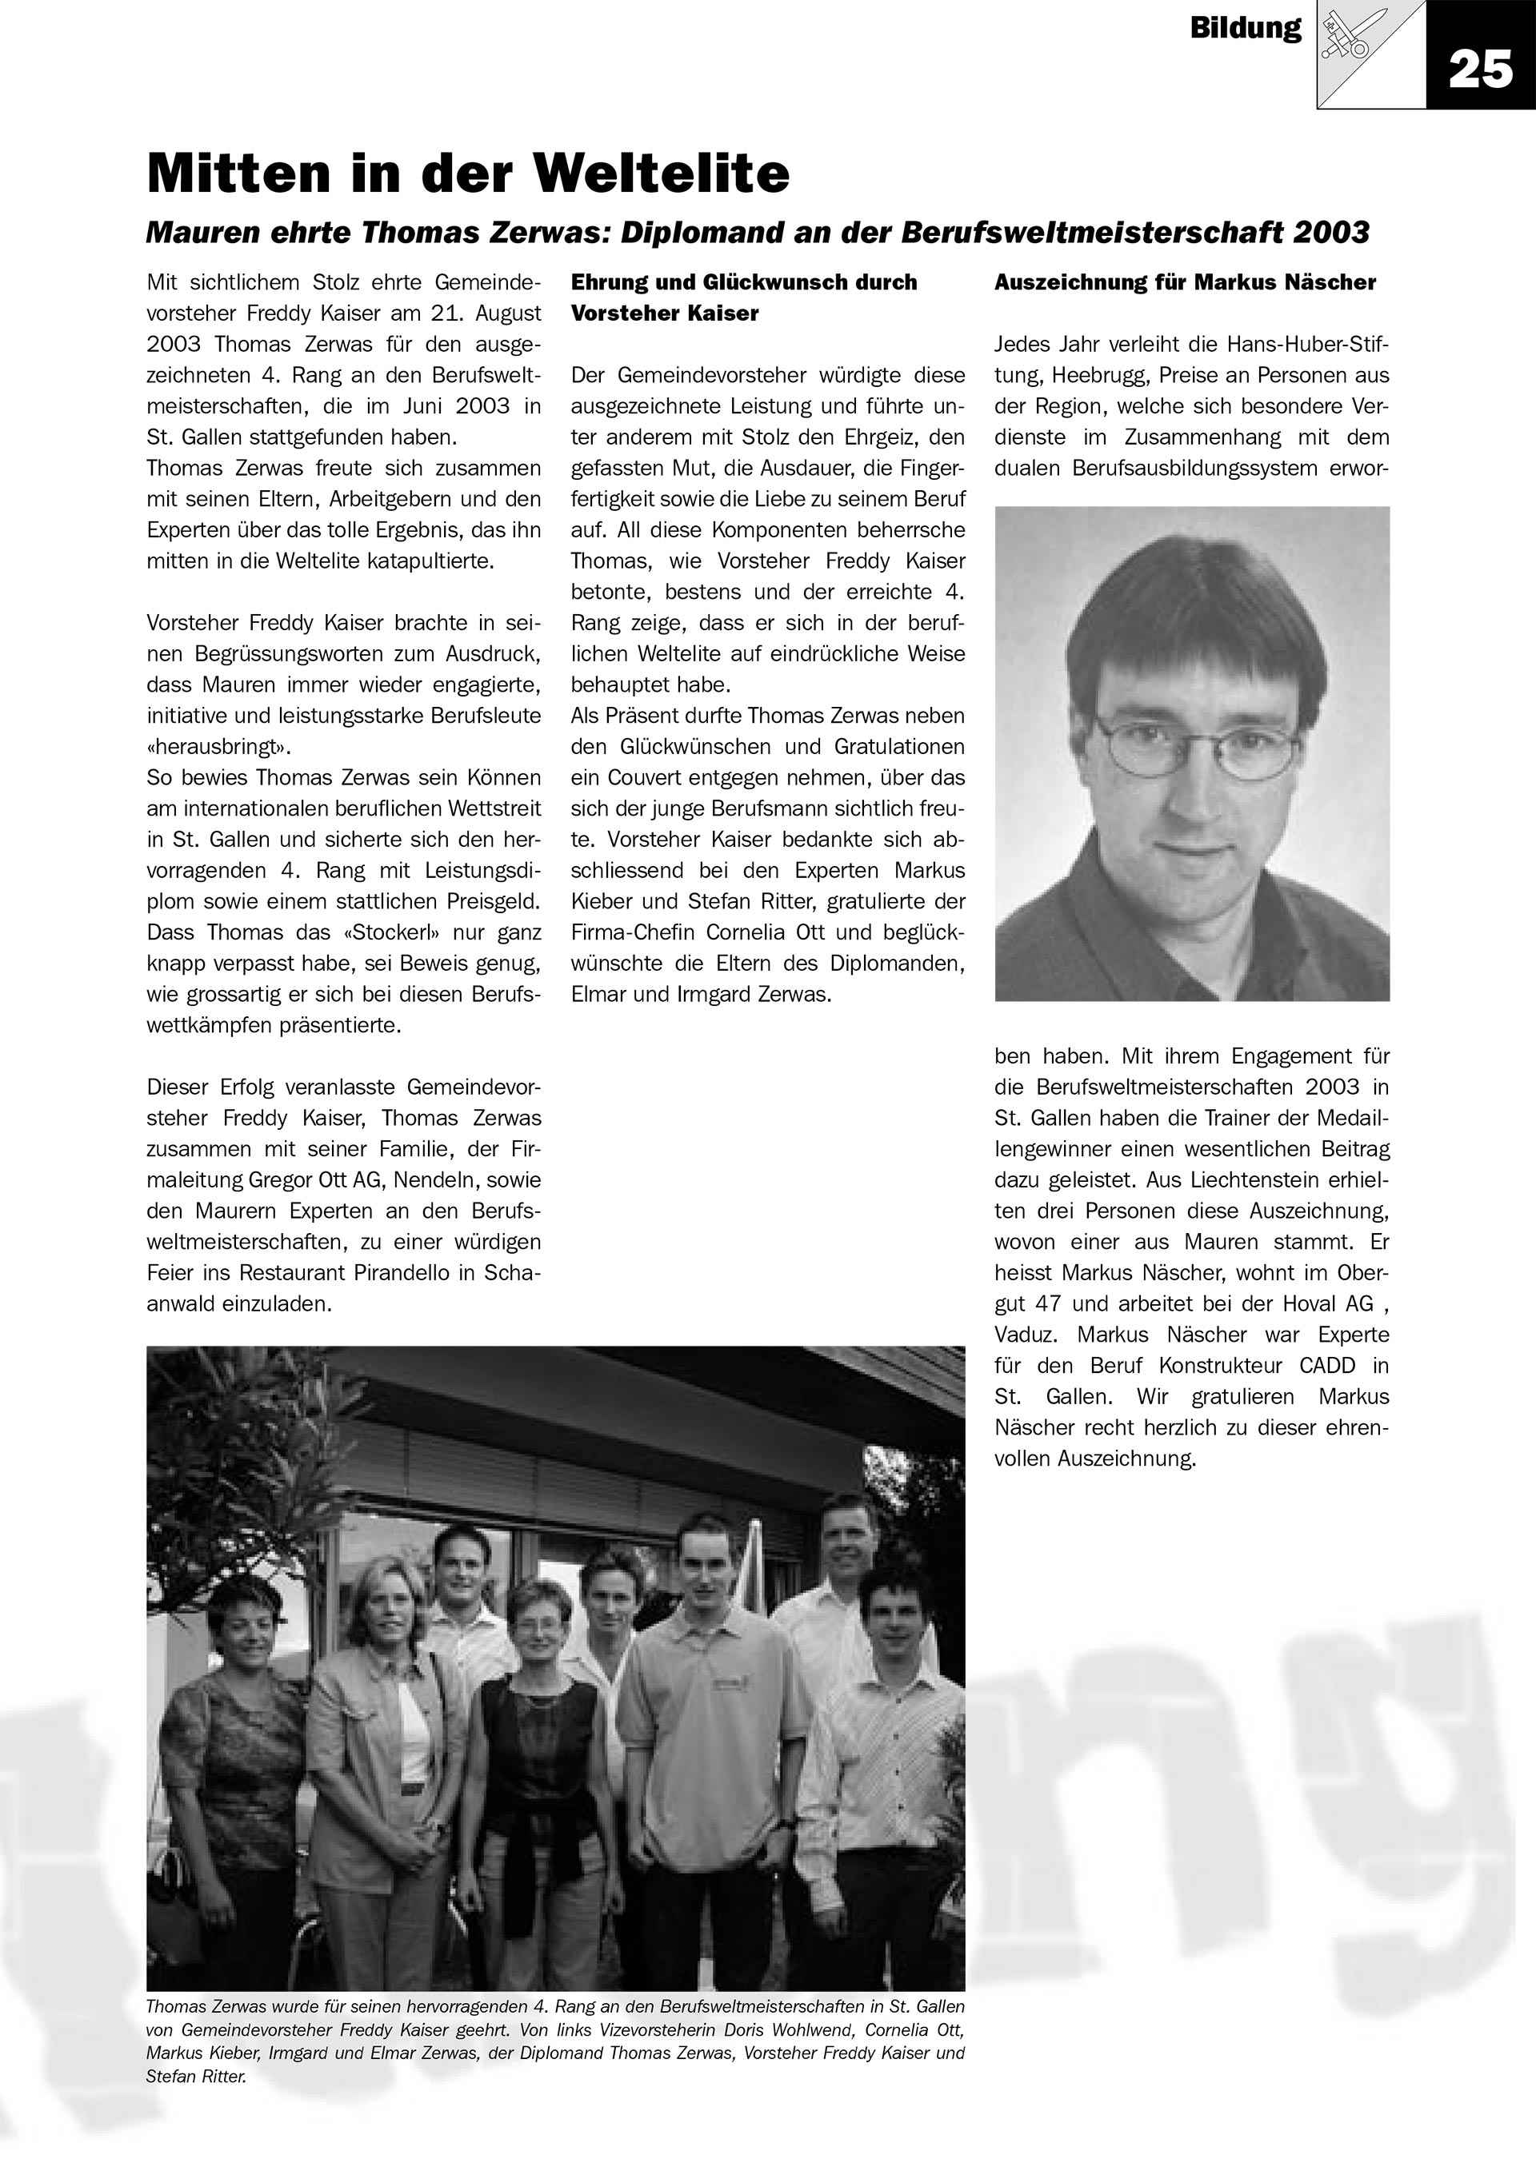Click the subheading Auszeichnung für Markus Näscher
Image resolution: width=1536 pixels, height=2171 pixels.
pos(1185,281)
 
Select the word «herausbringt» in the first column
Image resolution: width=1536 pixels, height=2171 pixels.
pos(218,747)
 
